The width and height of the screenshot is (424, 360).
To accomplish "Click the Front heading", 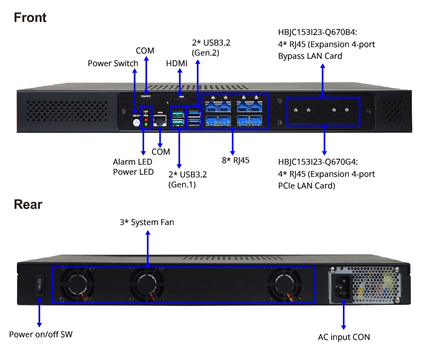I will coord(30,17).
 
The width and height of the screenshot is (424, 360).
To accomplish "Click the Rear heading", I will coord(28,204).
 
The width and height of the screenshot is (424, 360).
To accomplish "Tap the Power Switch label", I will coord(112,64).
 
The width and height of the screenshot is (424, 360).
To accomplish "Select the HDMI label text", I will coord(176,64).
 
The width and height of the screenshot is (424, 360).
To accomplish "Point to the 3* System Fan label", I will coord(147,222).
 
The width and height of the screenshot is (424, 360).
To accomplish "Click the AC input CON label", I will coord(343,337).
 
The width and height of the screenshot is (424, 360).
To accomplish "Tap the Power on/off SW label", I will coord(40,335).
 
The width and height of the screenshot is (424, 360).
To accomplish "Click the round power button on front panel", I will coord(136,123).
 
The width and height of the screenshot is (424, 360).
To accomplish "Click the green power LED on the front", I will coord(146,125).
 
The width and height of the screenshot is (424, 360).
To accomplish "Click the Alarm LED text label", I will coord(132,161).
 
